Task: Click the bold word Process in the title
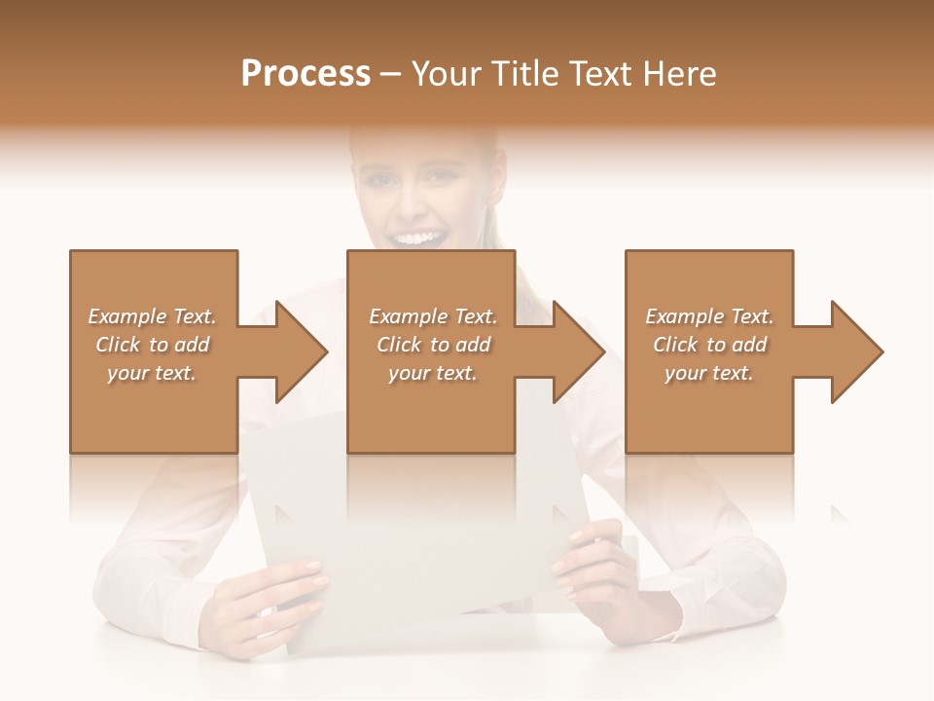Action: click(305, 74)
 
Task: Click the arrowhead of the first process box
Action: click(300, 351)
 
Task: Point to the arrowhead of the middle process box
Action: click(577, 351)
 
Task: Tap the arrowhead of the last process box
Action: click(855, 351)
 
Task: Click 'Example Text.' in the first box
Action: click(153, 316)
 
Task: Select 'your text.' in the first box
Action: click(153, 373)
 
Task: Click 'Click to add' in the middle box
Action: click(433, 345)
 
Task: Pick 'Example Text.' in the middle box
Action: click(433, 316)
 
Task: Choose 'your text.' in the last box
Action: click(709, 373)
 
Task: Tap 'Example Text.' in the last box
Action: click(709, 316)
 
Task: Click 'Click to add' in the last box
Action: click(709, 345)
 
